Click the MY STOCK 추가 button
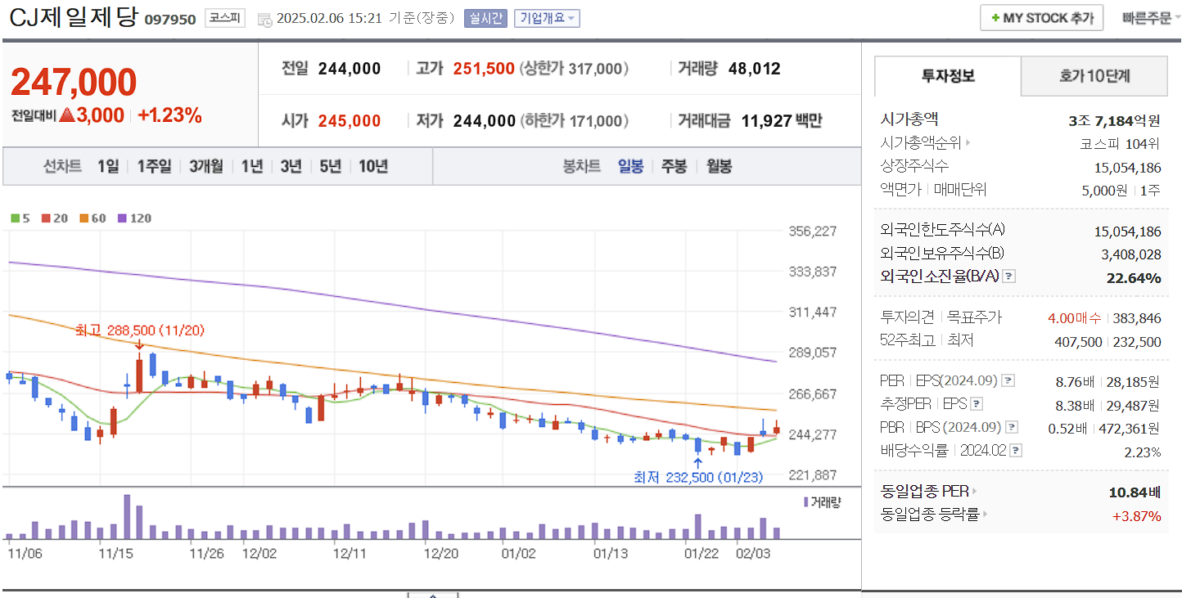pos(1041,18)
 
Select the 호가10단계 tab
pos(1094,76)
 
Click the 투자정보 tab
pos(948,76)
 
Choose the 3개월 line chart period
pos(205,166)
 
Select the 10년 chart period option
pos(373,166)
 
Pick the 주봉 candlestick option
pos(674,166)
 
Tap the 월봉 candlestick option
pos(719,166)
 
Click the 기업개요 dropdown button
pos(547,18)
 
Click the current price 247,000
pos(74,83)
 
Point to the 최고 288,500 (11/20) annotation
pos(139,330)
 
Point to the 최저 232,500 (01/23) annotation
pos(698,477)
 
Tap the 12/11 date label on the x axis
pos(350,553)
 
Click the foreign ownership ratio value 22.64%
pos(1133,278)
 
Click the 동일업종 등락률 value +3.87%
pos(1136,515)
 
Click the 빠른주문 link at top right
pos(1146,18)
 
